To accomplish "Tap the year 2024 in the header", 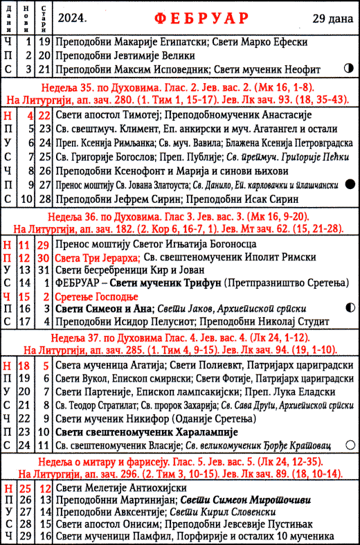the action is pos(73,17).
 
